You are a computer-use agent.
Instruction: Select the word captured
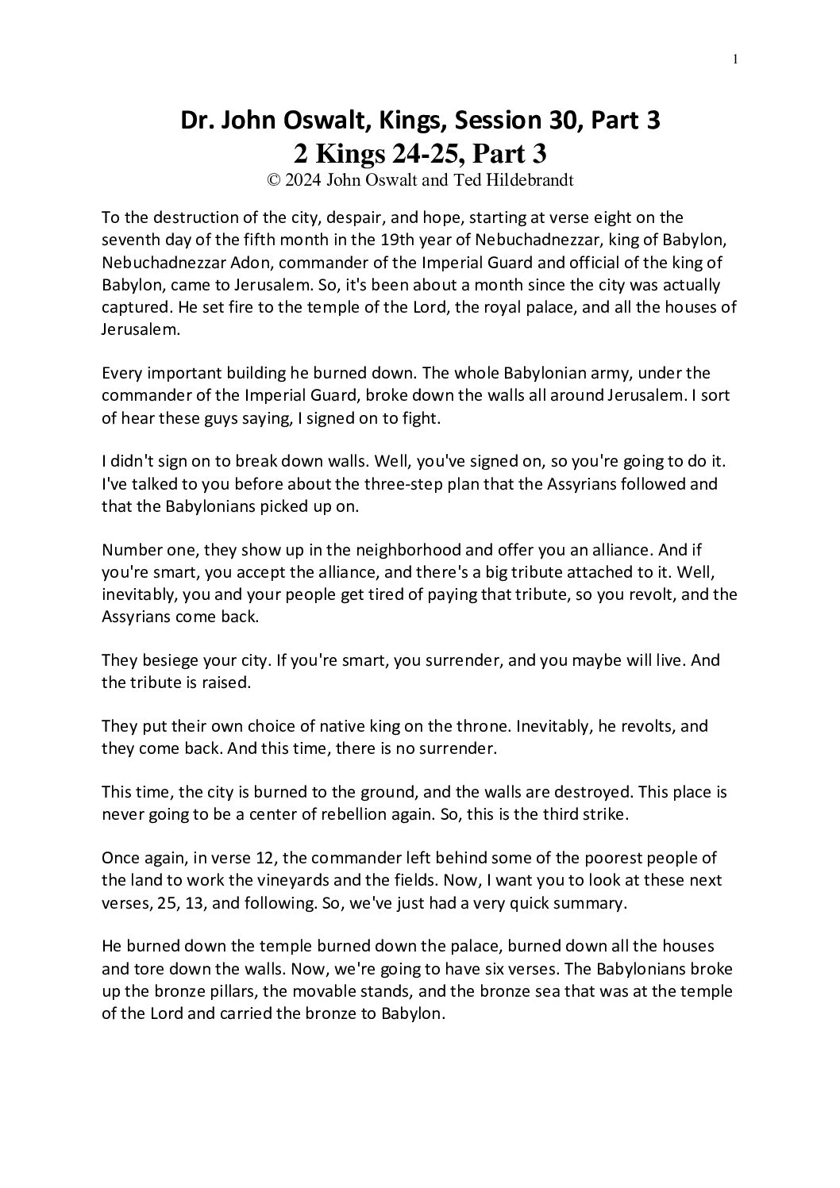point(133,306)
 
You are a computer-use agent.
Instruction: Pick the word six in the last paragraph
point(462,969)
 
